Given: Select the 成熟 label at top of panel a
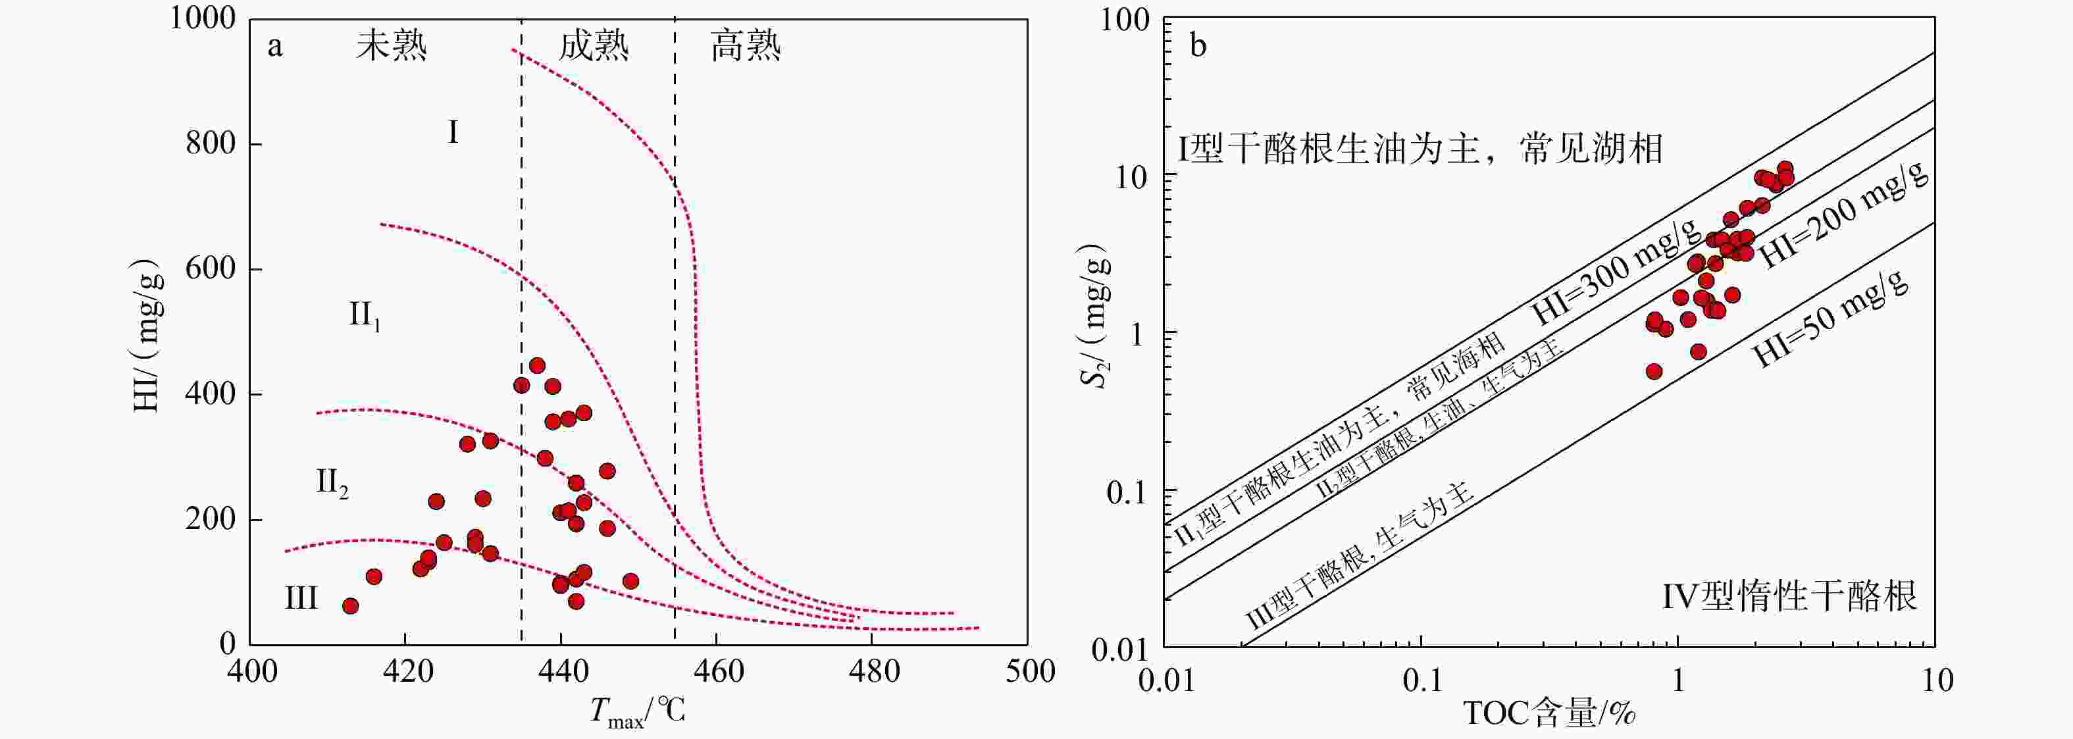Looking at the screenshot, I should pyautogui.click(x=594, y=46).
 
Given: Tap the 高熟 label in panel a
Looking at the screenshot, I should pyautogui.click(x=745, y=46).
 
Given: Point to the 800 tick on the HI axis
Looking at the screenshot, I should pyautogui.click(x=211, y=143).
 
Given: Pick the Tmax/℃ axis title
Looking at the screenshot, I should pyautogui.click(x=637, y=711).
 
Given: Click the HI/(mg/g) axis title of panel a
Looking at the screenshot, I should pyautogui.click(x=148, y=336).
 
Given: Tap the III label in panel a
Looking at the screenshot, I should pyautogui.click(x=301, y=598).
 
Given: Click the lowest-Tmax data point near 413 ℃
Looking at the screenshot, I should pyautogui.click(x=350, y=606).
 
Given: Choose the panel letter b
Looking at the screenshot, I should pyautogui.click(x=1198, y=46).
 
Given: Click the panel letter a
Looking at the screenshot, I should pyautogui.click(x=275, y=47).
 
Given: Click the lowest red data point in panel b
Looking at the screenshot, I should pyautogui.click(x=1654, y=371).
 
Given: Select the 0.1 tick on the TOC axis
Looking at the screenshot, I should pyautogui.click(x=1422, y=681).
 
